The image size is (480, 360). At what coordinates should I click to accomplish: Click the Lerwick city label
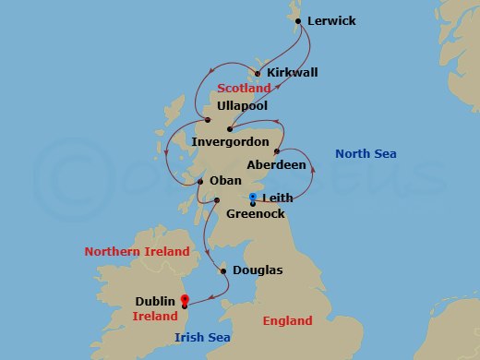[331, 20]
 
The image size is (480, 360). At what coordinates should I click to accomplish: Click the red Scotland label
[245, 88]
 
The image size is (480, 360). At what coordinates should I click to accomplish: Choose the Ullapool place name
[243, 107]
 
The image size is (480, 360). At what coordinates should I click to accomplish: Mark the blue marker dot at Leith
[253, 197]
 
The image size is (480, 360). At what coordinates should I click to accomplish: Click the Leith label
[279, 198]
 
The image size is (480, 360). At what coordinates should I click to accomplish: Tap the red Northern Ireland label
[137, 251]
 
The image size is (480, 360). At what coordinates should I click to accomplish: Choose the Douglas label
[258, 270]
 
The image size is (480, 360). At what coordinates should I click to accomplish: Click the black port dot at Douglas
[222, 270]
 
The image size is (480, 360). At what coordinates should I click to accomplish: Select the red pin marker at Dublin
[185, 299]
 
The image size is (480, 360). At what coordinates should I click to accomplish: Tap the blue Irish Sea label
[202, 338]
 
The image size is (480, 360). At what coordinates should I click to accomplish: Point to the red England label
[294, 321]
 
